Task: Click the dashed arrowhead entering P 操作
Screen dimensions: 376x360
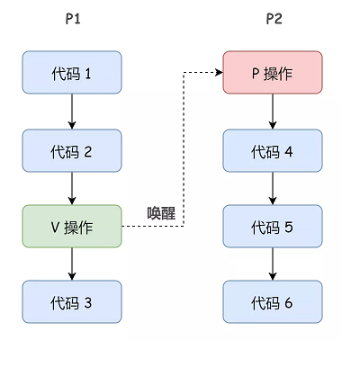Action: point(219,75)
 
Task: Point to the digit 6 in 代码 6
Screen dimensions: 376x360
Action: point(289,303)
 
